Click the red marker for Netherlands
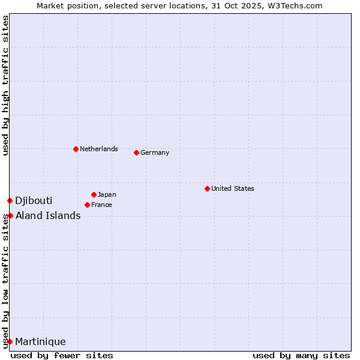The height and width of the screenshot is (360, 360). tap(76, 149)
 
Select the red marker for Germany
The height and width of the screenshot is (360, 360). tap(136, 152)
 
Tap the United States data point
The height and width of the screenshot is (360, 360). tap(207, 188)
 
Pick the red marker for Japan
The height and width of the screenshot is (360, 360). tap(94, 194)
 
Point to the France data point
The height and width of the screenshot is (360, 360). tap(87, 205)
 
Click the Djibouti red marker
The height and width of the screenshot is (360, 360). tap(10, 200)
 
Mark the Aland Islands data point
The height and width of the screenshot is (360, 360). tap(10, 215)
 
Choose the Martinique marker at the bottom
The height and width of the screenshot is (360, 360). tap(10, 341)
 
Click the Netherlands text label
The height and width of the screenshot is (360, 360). tap(99, 149)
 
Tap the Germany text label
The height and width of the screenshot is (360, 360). tap(155, 152)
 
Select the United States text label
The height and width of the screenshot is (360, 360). tap(233, 188)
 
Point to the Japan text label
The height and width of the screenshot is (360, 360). tap(107, 194)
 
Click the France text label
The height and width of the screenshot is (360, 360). tap(101, 205)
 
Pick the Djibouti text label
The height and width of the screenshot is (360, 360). tap(34, 200)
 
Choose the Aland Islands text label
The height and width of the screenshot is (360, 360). tap(48, 215)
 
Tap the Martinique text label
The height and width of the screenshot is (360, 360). tap(40, 341)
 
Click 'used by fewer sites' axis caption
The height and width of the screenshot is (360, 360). tap(62, 355)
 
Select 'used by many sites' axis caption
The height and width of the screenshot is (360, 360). tap(301, 355)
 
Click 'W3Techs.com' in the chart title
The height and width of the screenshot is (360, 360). tap(296, 5)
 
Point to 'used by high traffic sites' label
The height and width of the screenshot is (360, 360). tap(5, 85)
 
